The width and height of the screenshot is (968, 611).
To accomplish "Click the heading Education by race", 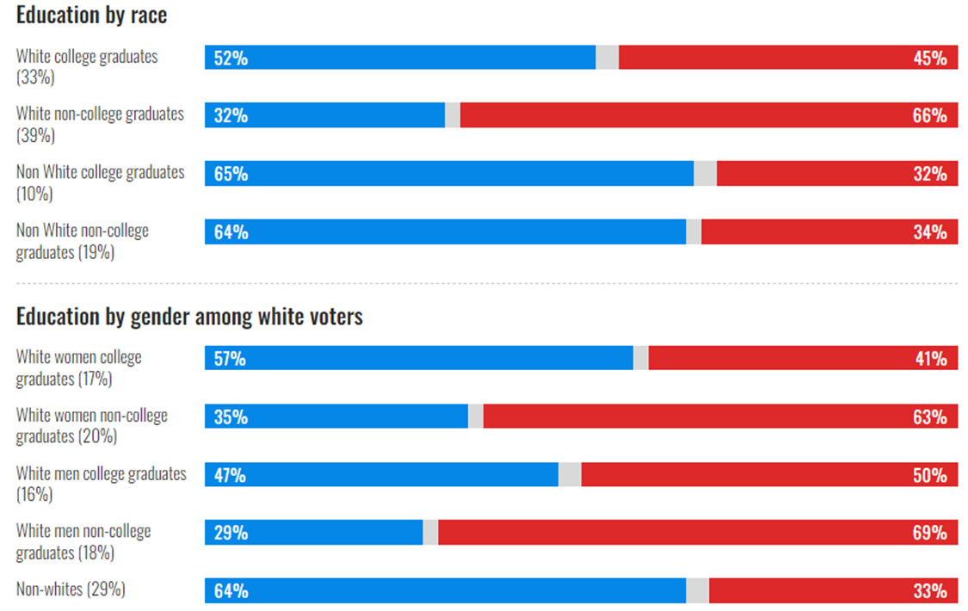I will pyautogui.click(x=91, y=15).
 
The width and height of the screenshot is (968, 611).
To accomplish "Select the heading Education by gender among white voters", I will pyautogui.click(x=189, y=317).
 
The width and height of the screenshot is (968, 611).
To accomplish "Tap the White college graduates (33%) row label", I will pyautogui.click(x=87, y=66).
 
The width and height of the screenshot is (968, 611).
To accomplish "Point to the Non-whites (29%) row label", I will pyautogui.click(x=71, y=589).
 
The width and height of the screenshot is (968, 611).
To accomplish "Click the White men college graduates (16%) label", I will pyautogui.click(x=101, y=484).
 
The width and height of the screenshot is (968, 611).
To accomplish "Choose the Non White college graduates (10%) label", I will pyautogui.click(x=100, y=182).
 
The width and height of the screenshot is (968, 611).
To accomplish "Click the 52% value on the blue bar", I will pyautogui.click(x=231, y=58).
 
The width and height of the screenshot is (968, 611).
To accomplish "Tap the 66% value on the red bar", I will pyautogui.click(x=929, y=115).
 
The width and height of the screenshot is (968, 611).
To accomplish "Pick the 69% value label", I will pyautogui.click(x=929, y=533).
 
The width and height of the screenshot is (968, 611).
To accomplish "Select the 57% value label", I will pyautogui.click(x=230, y=359).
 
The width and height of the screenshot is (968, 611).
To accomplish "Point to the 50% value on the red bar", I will pyautogui.click(x=929, y=475).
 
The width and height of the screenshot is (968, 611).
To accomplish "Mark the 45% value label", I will pyautogui.click(x=929, y=58).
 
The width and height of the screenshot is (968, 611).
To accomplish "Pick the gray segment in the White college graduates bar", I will pyautogui.click(x=607, y=58).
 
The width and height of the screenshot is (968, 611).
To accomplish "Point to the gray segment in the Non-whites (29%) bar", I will pyautogui.click(x=697, y=590).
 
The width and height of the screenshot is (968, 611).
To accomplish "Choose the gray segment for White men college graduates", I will pyautogui.click(x=570, y=475).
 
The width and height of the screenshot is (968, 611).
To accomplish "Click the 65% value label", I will pyautogui.click(x=231, y=173).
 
